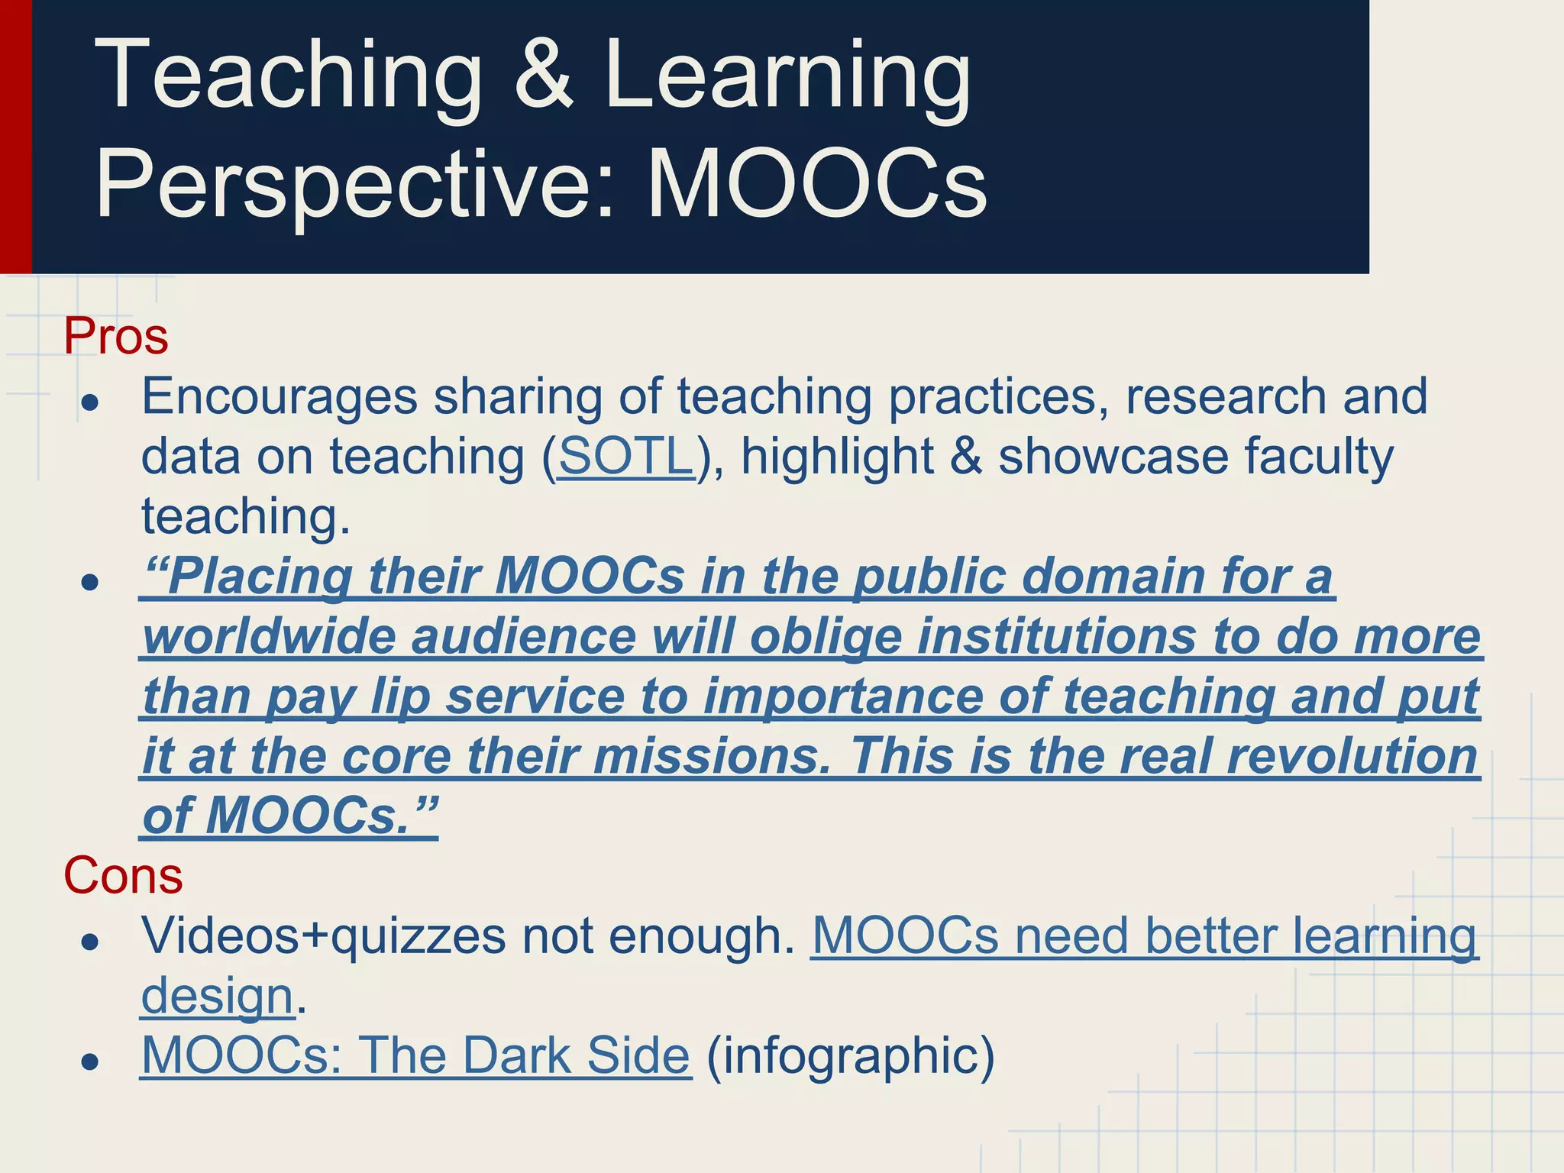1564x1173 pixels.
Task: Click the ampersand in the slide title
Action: coord(544,76)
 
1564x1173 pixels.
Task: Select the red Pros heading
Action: coord(116,336)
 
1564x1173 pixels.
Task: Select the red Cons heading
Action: coord(123,875)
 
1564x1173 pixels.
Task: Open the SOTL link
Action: coord(625,457)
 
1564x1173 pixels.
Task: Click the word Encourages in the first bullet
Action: coord(280,397)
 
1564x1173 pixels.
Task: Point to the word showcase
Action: coord(1113,457)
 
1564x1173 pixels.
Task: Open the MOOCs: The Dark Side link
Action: coord(415,1056)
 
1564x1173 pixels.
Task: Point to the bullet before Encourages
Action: coord(91,403)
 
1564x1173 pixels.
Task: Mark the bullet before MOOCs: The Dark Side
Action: coord(91,1062)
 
